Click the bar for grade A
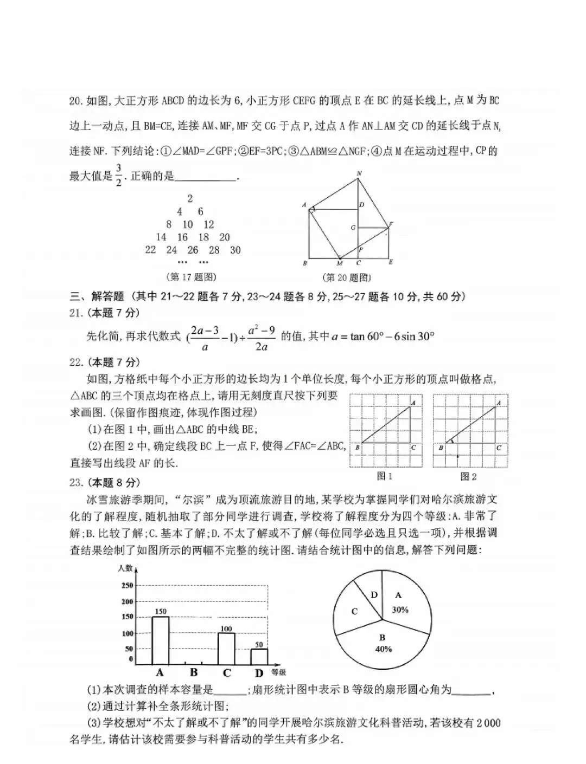pyautogui.click(x=160, y=640)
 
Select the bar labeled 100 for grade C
pyautogui.click(x=226, y=649)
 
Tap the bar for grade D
pyautogui.click(x=259, y=657)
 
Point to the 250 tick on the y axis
pyautogui.click(x=127, y=585)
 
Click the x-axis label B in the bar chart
pyautogui.click(x=194, y=673)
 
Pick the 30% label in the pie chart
pyautogui.click(x=400, y=610)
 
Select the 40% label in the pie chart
pyautogui.click(x=383, y=649)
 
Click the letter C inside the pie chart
pyautogui.click(x=354, y=612)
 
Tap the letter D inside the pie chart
pyautogui.click(x=374, y=594)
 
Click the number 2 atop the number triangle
pyautogui.click(x=190, y=198)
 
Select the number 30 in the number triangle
pyautogui.click(x=235, y=250)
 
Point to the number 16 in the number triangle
pyautogui.click(x=182, y=237)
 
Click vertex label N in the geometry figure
pyautogui.click(x=359, y=173)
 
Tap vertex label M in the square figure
pyautogui.click(x=340, y=264)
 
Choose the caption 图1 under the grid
pyautogui.click(x=384, y=476)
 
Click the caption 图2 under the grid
pyautogui.click(x=468, y=476)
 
